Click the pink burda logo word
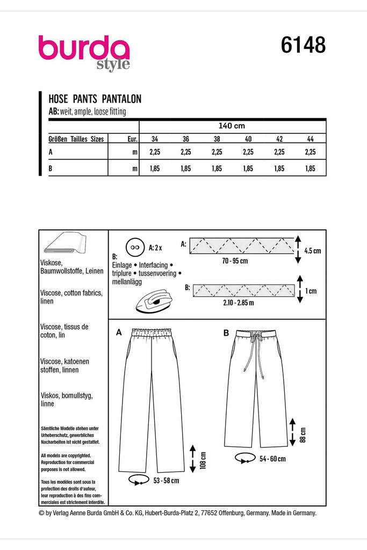(x=83, y=48)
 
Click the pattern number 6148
(x=303, y=45)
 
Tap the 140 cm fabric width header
(x=232, y=126)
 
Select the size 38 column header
(x=217, y=139)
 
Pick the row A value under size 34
(x=155, y=152)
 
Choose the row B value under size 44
(x=310, y=168)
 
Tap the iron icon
(x=154, y=297)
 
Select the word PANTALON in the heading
(x=121, y=99)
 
